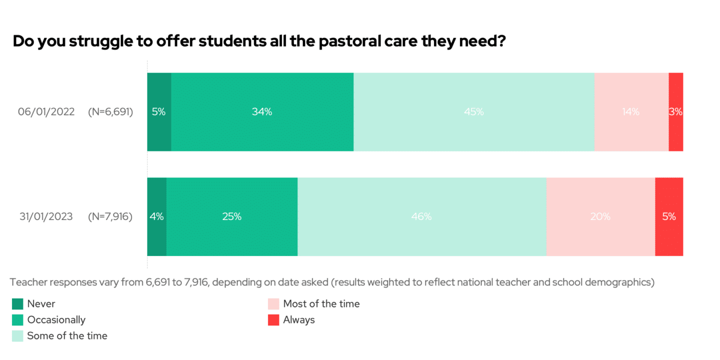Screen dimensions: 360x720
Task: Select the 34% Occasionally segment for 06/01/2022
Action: point(262,112)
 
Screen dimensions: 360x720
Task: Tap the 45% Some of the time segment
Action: point(473,112)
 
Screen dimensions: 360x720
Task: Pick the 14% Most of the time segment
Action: point(631,112)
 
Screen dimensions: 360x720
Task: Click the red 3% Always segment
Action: point(675,112)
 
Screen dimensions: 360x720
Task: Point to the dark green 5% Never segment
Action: point(159,112)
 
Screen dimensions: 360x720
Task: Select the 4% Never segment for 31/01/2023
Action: point(156,216)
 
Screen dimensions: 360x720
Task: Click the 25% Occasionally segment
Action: point(232,216)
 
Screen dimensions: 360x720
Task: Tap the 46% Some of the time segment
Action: point(421,216)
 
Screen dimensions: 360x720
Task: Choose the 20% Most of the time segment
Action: point(600,216)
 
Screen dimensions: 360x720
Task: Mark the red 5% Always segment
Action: point(669,216)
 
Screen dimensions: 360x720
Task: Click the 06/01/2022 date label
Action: point(46,112)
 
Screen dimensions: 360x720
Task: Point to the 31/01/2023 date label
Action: point(46,216)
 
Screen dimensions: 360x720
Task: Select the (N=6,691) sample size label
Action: point(110,112)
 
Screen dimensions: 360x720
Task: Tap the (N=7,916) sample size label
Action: point(110,216)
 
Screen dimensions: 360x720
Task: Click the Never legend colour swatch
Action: point(17,303)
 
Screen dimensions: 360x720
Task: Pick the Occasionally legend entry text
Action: point(56,320)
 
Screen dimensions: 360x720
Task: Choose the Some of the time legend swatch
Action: point(17,335)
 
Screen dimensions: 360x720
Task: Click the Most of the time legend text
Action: point(321,303)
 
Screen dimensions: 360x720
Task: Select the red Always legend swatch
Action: point(273,320)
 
